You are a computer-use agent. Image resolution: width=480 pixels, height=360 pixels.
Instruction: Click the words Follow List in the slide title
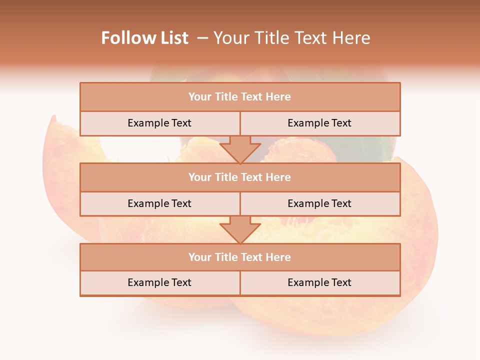coord(144,38)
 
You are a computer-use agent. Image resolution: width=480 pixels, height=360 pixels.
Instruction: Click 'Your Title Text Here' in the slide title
coord(291,38)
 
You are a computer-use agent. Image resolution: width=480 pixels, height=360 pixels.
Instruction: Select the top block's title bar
coord(240,97)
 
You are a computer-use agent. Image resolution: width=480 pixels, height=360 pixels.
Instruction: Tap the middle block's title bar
coord(240,177)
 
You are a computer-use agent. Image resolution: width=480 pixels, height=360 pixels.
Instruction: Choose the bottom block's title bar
coord(240,257)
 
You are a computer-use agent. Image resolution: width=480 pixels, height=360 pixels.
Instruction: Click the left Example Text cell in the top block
coord(159,123)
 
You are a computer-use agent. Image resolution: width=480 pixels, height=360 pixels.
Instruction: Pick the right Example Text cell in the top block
coord(319,123)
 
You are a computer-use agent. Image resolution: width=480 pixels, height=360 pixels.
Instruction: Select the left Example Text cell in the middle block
coord(159,204)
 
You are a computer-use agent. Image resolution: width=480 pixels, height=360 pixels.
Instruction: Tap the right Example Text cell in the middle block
coord(319,204)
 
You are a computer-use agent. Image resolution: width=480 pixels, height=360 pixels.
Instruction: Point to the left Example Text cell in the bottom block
coord(159,283)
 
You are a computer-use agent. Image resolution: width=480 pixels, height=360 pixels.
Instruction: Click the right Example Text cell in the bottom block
coord(319,283)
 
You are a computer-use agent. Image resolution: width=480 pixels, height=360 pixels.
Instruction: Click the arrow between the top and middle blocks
coord(240,149)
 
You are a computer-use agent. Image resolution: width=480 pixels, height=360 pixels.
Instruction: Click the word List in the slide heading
coord(173,38)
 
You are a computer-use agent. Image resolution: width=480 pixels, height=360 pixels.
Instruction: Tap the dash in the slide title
coord(203,38)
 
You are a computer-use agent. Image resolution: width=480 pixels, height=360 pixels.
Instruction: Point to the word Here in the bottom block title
coord(278,257)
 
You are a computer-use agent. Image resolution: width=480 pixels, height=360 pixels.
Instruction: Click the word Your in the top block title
coord(200,97)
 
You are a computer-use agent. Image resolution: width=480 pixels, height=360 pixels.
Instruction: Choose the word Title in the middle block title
coord(226,177)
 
